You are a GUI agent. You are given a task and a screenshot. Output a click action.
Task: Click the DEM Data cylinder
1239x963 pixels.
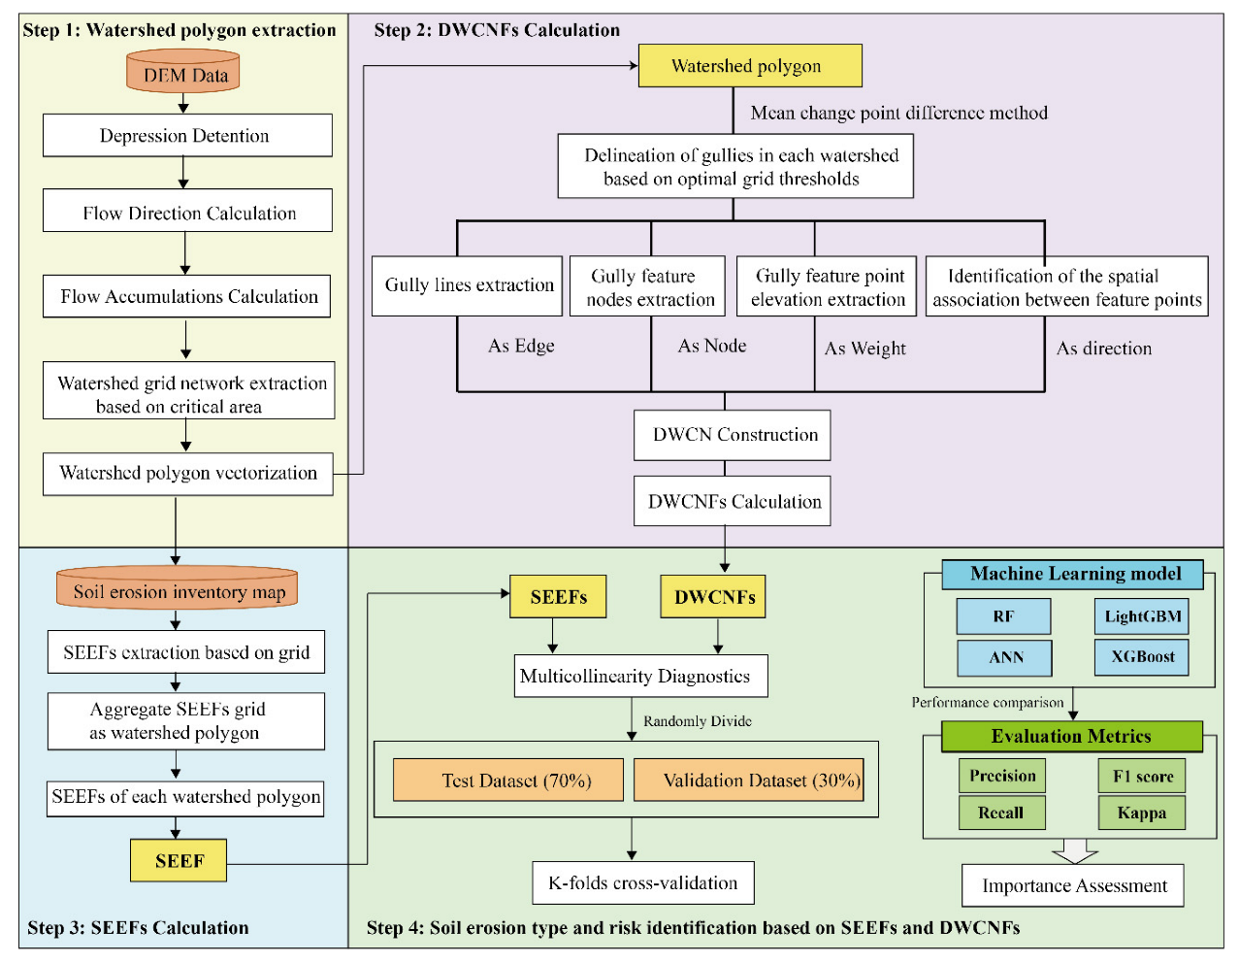(x=183, y=73)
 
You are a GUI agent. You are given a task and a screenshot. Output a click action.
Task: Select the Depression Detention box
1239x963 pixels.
(x=186, y=136)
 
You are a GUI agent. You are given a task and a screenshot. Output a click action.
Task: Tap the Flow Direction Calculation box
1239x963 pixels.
(x=187, y=212)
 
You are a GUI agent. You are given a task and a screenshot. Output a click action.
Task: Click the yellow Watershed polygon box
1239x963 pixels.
(x=749, y=66)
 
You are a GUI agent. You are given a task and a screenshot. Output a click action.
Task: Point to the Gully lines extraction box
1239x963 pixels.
(x=467, y=285)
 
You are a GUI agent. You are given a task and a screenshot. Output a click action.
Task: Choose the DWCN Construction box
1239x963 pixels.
(x=733, y=435)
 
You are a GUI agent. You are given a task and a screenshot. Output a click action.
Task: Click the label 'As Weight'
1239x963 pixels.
(x=864, y=349)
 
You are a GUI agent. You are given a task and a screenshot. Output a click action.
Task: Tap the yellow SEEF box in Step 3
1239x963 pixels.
(x=179, y=860)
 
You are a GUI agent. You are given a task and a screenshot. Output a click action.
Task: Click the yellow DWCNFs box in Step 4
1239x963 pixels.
(x=713, y=597)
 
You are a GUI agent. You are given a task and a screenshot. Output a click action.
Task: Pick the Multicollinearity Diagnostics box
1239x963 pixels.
(x=640, y=677)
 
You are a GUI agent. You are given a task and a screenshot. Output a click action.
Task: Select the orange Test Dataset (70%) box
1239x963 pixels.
(x=508, y=780)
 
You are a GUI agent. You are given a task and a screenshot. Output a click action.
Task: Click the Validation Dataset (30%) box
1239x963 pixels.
(x=749, y=780)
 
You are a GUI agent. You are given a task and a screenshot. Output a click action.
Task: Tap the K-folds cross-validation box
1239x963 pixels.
(x=642, y=883)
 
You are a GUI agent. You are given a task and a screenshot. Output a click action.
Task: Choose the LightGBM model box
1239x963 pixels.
(x=1141, y=616)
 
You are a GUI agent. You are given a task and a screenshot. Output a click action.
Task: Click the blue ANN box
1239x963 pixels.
(x=1004, y=658)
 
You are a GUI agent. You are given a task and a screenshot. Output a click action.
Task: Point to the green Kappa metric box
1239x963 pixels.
(x=1141, y=813)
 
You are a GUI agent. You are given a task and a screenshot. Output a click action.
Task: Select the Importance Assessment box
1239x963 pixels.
(x=1073, y=885)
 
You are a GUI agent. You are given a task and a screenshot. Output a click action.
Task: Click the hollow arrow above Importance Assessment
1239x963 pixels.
(x=1074, y=851)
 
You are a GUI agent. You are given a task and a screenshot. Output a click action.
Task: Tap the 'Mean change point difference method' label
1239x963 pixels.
(x=898, y=114)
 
